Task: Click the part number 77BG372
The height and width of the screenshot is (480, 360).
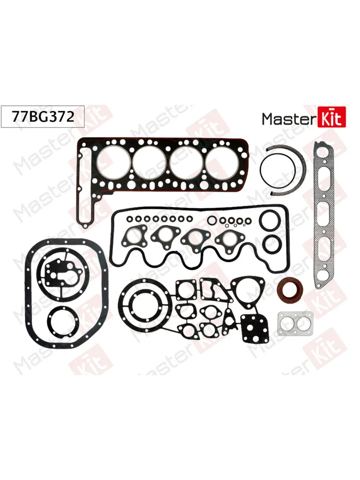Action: (x=43, y=117)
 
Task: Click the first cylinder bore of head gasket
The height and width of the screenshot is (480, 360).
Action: (x=114, y=162)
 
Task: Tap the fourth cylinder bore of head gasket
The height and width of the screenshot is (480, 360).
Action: (x=221, y=162)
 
